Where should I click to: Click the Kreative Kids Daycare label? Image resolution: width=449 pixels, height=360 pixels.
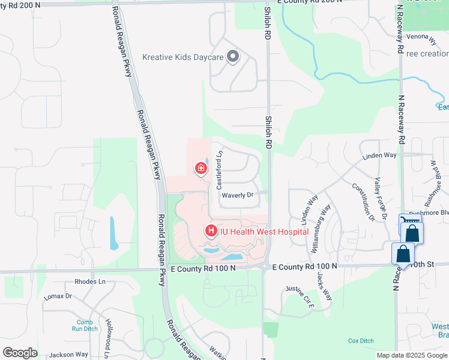click(x=182, y=58)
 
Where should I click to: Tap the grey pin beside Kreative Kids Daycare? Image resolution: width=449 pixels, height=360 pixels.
click(x=233, y=58)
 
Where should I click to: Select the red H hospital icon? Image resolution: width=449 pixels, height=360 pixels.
click(x=211, y=230)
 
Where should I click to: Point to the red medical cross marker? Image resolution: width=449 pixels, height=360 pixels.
click(x=199, y=169)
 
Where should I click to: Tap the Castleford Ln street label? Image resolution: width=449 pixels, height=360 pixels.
click(x=220, y=170)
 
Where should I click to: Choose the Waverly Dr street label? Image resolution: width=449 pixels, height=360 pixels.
click(x=238, y=195)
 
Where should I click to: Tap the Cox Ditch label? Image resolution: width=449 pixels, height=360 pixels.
click(x=361, y=340)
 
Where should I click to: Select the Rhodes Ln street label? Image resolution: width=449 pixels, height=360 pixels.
click(x=89, y=281)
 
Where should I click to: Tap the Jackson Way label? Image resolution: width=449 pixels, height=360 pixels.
click(x=68, y=355)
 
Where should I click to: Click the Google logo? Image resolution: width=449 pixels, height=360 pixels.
click(x=19, y=353)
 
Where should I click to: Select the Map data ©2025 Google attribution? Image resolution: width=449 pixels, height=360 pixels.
click(x=412, y=355)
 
